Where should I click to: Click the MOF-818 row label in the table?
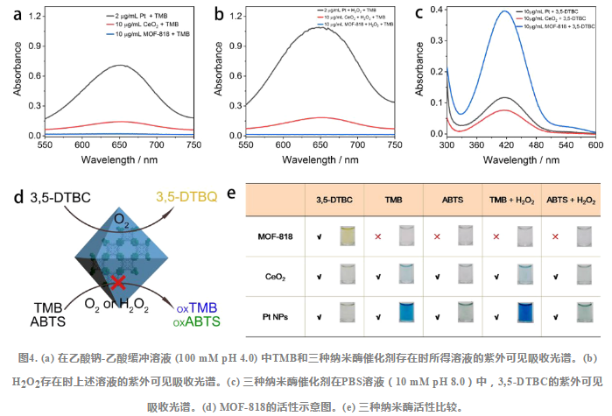coord(273,236)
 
